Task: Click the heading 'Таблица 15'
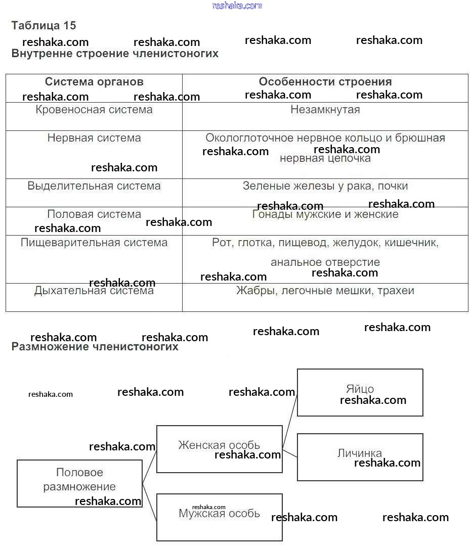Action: (x=44, y=25)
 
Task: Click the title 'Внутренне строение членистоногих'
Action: (x=115, y=54)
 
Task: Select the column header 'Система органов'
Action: (x=94, y=82)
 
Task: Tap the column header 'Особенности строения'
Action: (x=325, y=82)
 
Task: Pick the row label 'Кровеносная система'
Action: (x=94, y=110)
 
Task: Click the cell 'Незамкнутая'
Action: (x=325, y=110)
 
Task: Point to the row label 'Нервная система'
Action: (x=94, y=138)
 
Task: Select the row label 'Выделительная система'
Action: (x=94, y=186)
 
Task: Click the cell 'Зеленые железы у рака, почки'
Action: (x=325, y=186)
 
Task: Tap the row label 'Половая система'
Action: (x=94, y=214)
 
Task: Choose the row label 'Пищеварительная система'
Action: (x=94, y=243)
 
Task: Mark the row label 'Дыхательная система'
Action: (x=94, y=291)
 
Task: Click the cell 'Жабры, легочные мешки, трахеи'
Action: (x=325, y=291)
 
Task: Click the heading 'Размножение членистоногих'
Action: (x=95, y=347)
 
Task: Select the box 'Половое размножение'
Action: (x=79, y=480)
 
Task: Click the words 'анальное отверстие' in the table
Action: (x=325, y=262)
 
